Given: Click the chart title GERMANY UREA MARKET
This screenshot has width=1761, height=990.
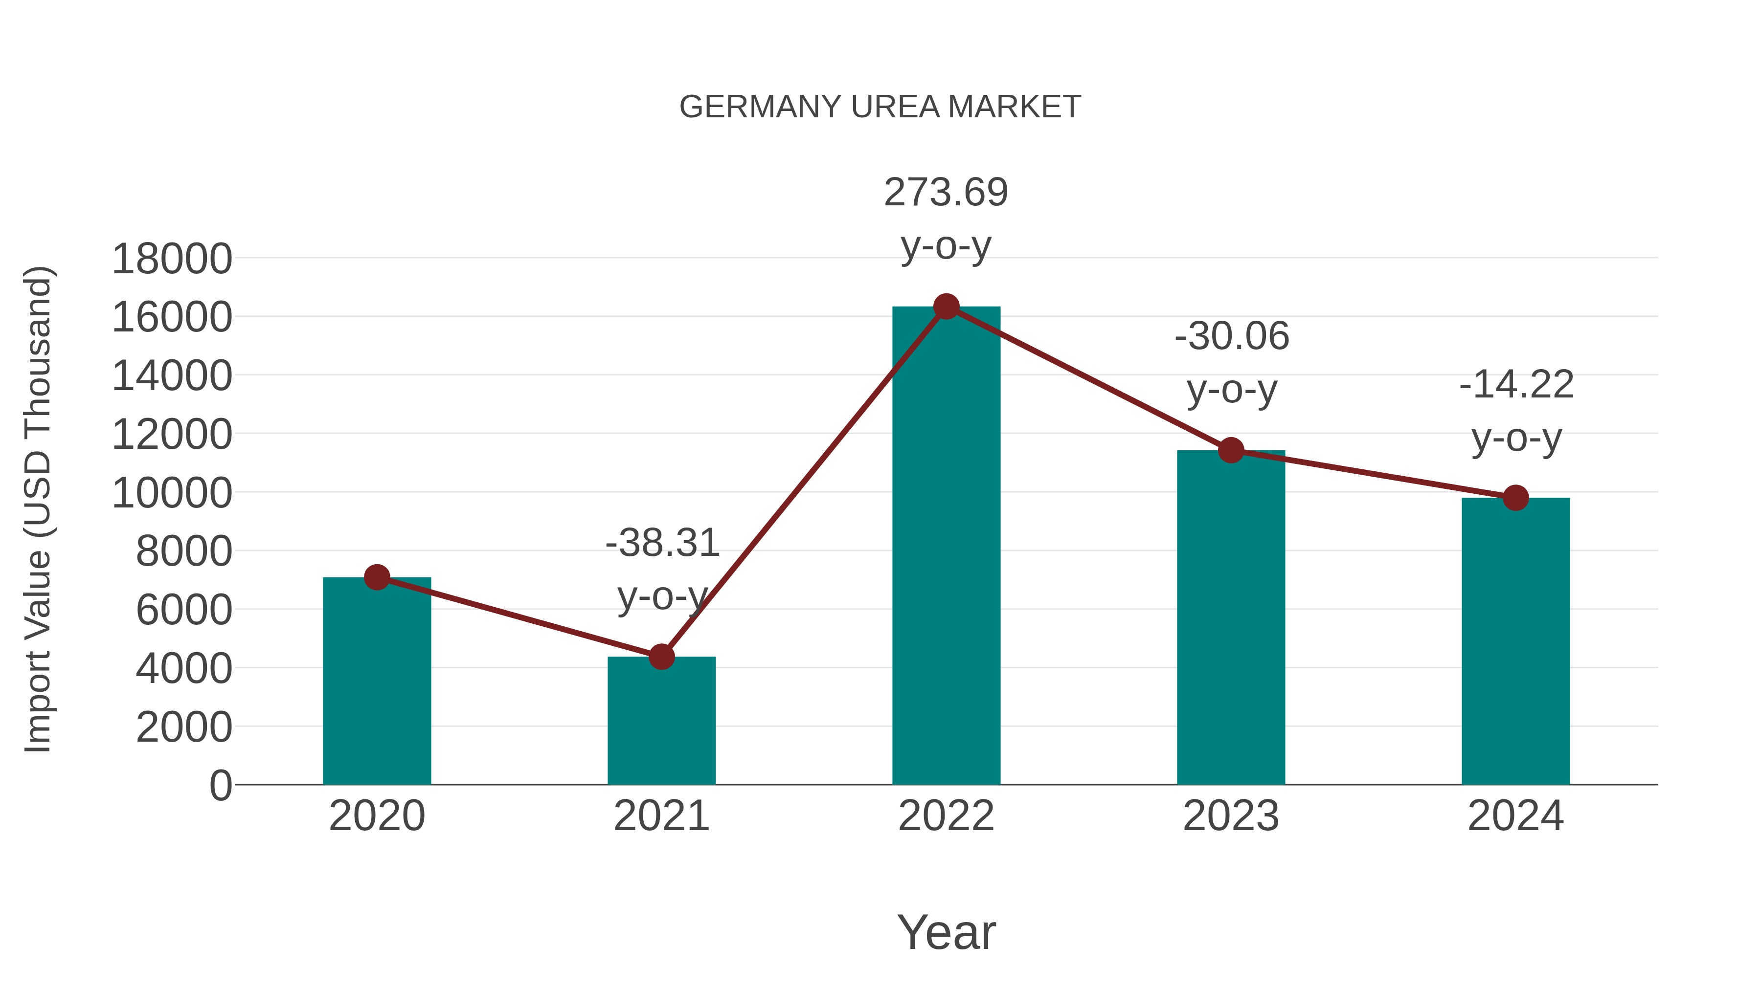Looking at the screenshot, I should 880,107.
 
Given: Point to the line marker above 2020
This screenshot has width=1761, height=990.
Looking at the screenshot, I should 377,577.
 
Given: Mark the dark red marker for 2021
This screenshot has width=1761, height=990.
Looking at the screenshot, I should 661,657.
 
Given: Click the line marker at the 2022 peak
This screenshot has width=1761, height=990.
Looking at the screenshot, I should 946,307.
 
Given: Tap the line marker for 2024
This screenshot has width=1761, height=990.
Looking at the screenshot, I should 1515,498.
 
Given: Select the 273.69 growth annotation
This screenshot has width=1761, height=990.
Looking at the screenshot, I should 946,193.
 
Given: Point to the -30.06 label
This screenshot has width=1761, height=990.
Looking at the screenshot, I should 1231,336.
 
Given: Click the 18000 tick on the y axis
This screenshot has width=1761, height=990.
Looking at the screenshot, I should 172,260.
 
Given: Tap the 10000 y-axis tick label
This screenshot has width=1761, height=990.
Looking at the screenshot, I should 172,493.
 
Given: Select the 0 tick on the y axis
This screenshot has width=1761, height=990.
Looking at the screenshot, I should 220,786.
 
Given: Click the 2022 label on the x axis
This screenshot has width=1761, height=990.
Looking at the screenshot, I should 946,816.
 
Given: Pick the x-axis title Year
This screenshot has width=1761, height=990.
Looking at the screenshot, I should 946,932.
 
